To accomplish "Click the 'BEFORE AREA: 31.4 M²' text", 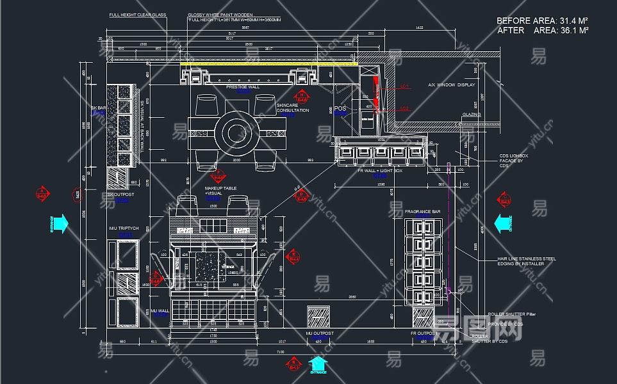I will click(x=542, y=20).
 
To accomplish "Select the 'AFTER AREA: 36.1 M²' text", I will click(x=542, y=30).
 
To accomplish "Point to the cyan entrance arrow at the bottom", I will click(x=318, y=364).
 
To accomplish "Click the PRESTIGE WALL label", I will click(x=243, y=86).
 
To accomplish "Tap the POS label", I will click(x=341, y=109).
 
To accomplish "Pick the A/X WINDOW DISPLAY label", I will click(x=452, y=84).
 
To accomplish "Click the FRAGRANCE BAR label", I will click(x=422, y=211).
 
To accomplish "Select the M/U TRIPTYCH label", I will click(x=124, y=228).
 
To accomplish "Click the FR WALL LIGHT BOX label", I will click(x=380, y=171).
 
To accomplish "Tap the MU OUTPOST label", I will click(x=319, y=333).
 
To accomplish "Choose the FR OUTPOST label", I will click(x=424, y=333).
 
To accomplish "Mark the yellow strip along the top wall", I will click(x=269, y=64).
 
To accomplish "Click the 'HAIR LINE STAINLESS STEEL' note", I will click(x=527, y=259).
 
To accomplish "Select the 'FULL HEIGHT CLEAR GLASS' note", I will click(x=137, y=15).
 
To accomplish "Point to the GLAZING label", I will click(x=470, y=115).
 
